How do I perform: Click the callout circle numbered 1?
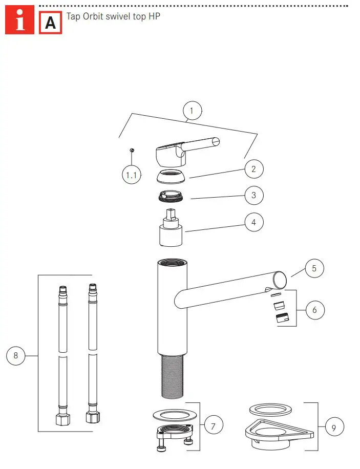[x=192, y=111]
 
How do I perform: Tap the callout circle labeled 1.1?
[x=132, y=176]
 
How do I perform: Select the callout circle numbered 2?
[x=253, y=168]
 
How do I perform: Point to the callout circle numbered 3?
[x=253, y=195]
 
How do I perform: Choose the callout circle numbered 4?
[x=253, y=223]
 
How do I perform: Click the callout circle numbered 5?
[x=315, y=268]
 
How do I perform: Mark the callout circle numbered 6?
[x=315, y=309]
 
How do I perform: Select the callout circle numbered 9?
[x=334, y=428]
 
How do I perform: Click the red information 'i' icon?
[x=20, y=22]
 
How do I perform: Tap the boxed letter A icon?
[x=50, y=23]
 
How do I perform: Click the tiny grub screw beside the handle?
[x=132, y=150]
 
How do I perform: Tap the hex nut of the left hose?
[x=62, y=420]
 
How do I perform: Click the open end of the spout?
[x=280, y=279]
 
